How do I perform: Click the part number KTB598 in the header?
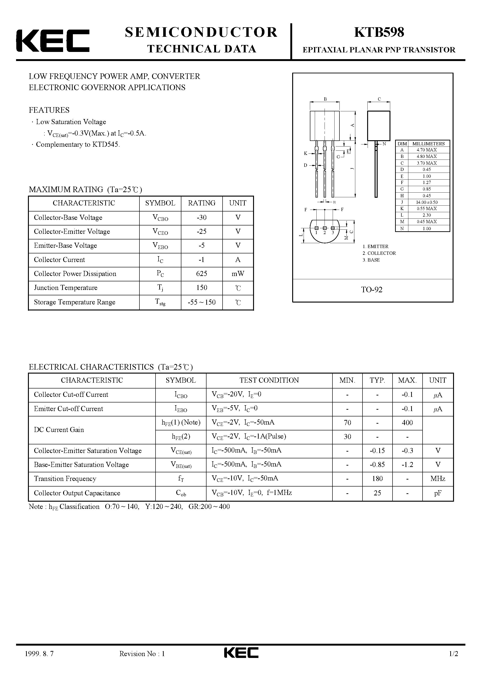coord(379,32)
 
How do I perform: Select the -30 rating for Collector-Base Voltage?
coord(201,218)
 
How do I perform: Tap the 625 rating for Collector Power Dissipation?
coord(201,274)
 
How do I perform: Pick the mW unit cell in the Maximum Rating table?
coord(238,274)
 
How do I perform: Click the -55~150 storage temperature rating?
coord(201,302)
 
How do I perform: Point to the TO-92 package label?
coord(372,290)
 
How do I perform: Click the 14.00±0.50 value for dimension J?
coord(427,202)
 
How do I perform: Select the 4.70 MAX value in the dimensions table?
coord(427,150)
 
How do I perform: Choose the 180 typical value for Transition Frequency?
coord(377,479)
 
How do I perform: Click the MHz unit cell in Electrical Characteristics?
coord(438,479)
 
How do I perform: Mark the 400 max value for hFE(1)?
coord(407,423)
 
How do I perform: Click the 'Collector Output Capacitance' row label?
coord(77,493)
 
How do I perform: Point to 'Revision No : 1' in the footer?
coord(142,662)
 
